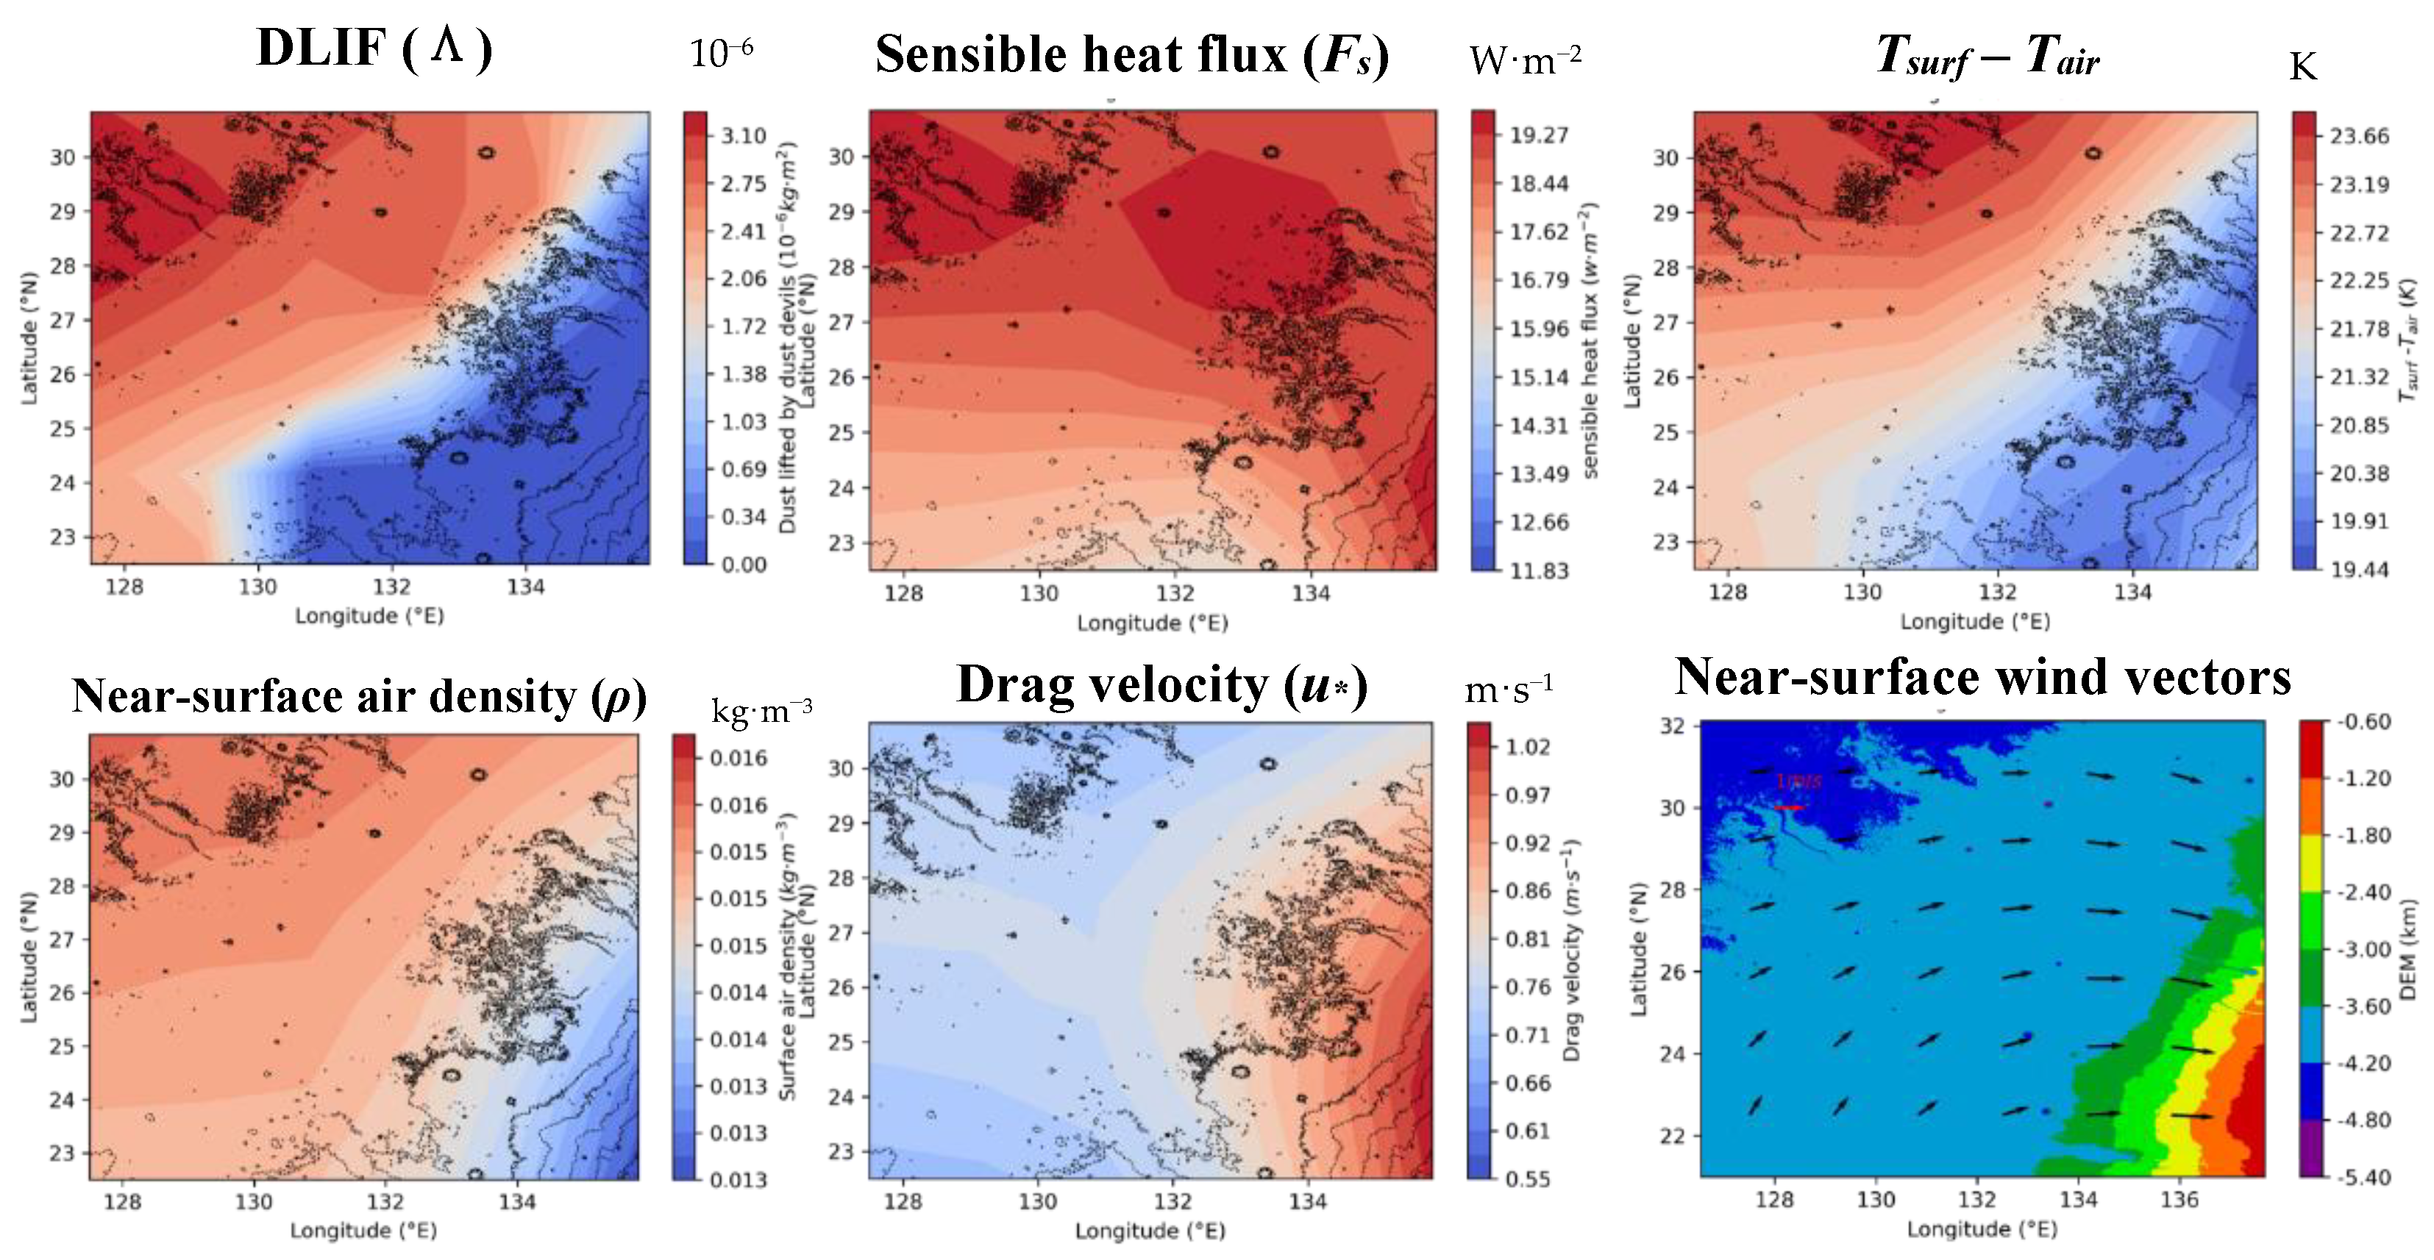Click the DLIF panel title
click(x=374, y=49)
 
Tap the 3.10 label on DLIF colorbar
click(x=743, y=136)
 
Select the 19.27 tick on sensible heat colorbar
click(x=1538, y=135)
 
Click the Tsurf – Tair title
click(x=1986, y=57)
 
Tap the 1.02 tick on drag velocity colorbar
click(x=1527, y=747)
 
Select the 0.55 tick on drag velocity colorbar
click(x=1527, y=1179)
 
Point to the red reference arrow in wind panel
click(x=1789, y=808)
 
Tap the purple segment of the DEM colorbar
click(x=2310, y=1148)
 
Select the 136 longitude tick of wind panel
click(x=2179, y=1200)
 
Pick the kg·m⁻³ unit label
click(x=761, y=710)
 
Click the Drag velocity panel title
click(x=1161, y=686)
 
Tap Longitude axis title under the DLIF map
click(x=369, y=616)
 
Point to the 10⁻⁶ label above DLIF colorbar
click(x=720, y=54)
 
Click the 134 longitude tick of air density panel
click(x=517, y=1203)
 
